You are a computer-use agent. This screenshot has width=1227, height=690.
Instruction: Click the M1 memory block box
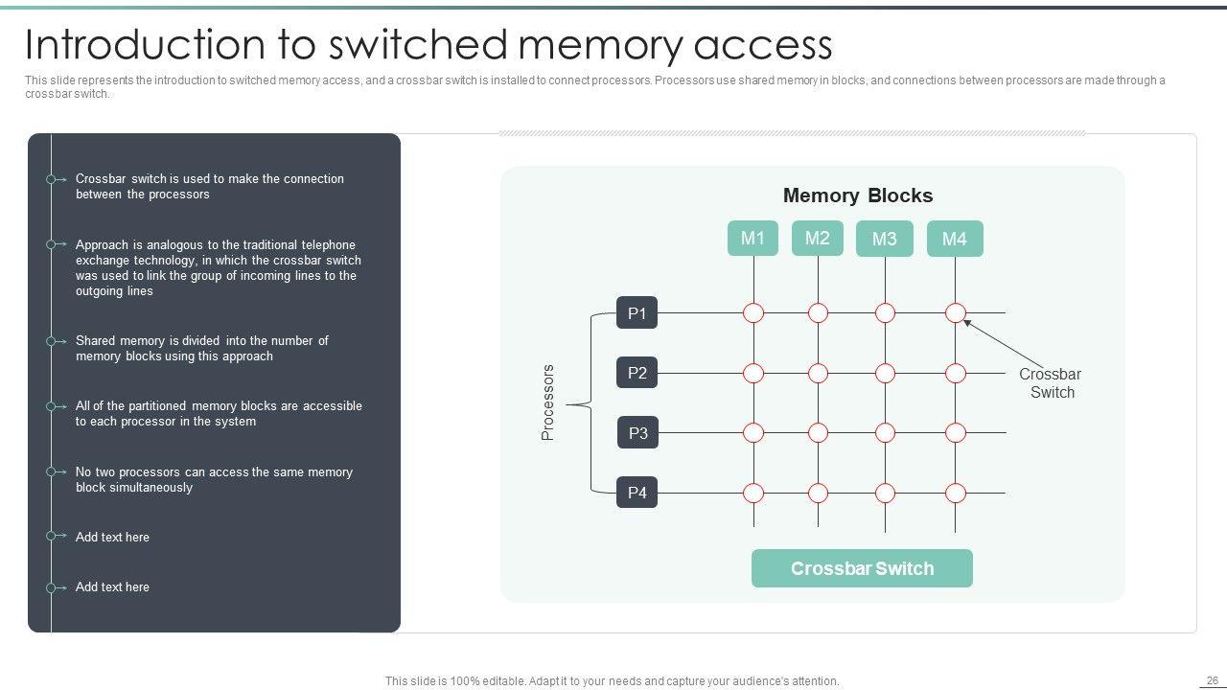tap(753, 238)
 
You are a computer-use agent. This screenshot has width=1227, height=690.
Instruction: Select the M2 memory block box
tap(818, 238)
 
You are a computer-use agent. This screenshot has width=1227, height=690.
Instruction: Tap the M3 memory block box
tap(885, 239)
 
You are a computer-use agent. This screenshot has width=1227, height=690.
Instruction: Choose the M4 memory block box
tap(955, 239)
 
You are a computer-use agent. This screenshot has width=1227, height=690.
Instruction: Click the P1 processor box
tap(637, 312)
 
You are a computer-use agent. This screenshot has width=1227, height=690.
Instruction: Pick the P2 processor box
tap(637, 373)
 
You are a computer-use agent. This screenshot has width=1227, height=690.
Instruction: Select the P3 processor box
tap(637, 433)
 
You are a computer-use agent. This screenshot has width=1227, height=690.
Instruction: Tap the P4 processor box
tap(637, 493)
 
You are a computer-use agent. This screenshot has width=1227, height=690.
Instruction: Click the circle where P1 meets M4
tap(956, 312)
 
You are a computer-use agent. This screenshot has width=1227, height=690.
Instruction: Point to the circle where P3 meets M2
tap(818, 433)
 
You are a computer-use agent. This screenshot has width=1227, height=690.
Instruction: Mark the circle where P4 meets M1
tap(753, 494)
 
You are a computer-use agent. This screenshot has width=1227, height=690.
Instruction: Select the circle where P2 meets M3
tap(885, 373)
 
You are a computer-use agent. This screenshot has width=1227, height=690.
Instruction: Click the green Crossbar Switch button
tap(862, 568)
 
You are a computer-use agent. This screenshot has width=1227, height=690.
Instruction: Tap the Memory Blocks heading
tap(858, 195)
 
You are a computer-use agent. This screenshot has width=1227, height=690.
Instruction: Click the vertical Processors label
tap(548, 402)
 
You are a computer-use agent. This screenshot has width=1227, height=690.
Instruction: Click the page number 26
tap(1212, 680)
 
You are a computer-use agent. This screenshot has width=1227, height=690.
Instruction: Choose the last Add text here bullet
tap(112, 586)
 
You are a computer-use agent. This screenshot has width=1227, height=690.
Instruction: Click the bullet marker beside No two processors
tap(51, 471)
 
